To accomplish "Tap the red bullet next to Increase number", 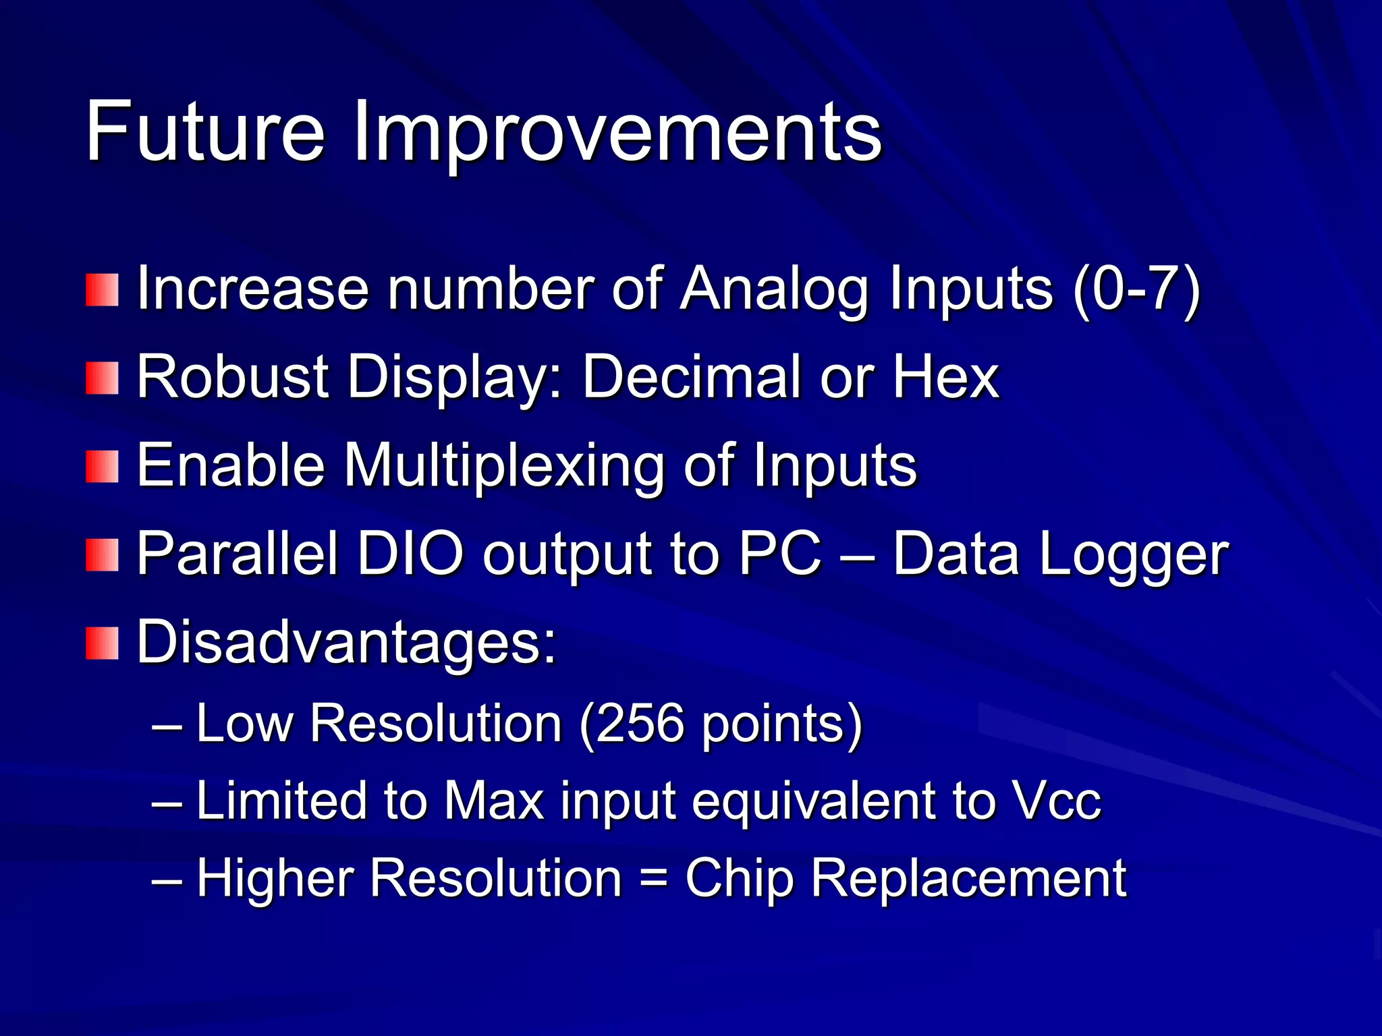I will pyautogui.click(x=102, y=289).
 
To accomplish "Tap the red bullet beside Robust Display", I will pyautogui.click(x=102, y=378).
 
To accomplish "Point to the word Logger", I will pyautogui.click(x=1134, y=555).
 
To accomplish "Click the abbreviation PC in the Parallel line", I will pyautogui.click(x=781, y=554).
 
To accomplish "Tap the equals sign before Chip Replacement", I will pyautogui.click(x=653, y=878).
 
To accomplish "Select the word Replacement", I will pyautogui.click(x=968, y=878).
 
